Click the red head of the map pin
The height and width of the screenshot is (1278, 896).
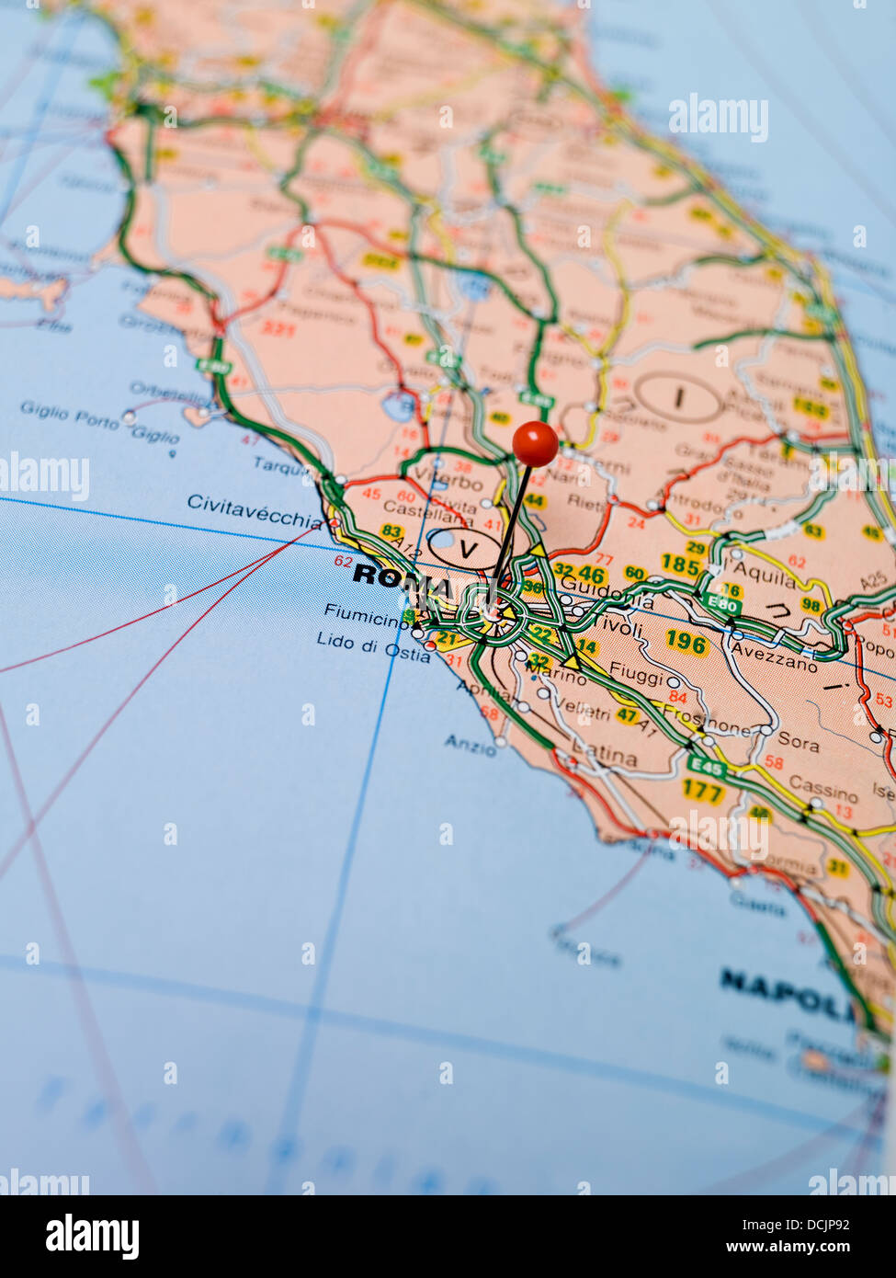535,443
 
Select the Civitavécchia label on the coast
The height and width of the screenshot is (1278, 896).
255,508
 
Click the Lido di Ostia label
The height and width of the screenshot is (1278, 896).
372,646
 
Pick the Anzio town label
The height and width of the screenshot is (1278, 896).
470,745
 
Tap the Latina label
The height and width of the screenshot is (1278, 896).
605,756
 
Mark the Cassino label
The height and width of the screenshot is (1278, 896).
822,789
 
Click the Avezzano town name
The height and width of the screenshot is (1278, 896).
773,660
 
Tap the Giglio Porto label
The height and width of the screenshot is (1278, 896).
70,415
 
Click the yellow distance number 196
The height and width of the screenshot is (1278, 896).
686,641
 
